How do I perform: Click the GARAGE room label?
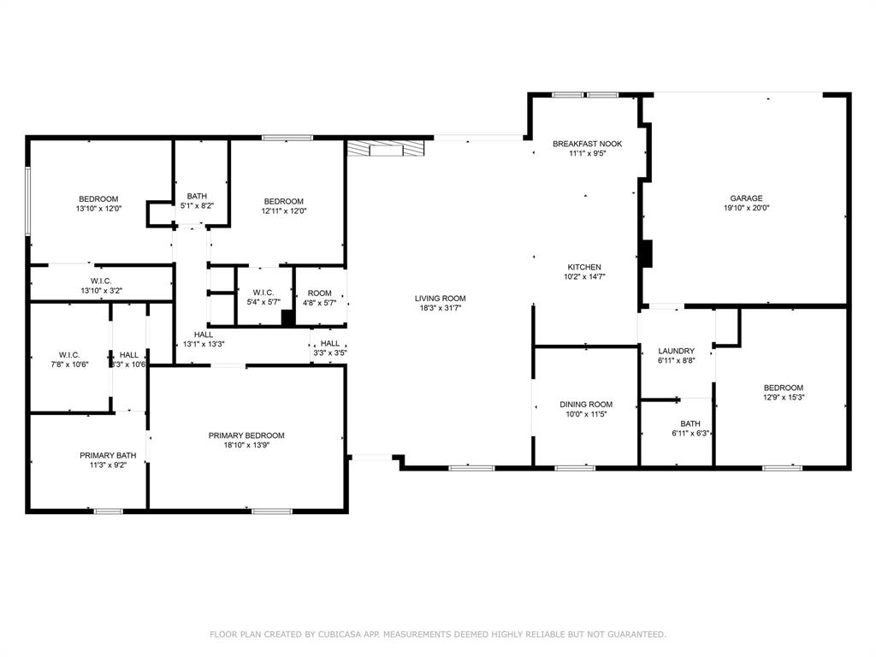[x=746, y=198]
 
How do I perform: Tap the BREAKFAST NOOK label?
[x=587, y=144]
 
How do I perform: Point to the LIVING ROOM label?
[x=440, y=299]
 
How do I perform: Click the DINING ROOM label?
[x=586, y=405]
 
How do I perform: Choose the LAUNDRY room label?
[x=676, y=351]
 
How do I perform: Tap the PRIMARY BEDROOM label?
[x=246, y=435]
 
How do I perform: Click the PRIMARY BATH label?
[x=108, y=455]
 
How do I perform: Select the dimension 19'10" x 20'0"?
[x=746, y=209]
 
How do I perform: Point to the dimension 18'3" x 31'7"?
[x=440, y=309]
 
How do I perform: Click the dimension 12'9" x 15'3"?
[x=783, y=397]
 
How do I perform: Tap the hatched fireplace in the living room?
[x=385, y=149]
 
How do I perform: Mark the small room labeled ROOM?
[x=319, y=293]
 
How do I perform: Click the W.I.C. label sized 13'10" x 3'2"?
[x=101, y=281]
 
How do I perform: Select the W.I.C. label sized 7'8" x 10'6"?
[x=69, y=355]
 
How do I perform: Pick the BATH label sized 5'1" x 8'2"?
[x=191, y=196]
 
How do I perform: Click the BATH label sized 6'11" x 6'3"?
[x=690, y=423]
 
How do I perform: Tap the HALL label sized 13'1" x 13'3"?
[x=203, y=334]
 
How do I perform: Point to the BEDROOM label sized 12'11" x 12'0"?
[x=283, y=201]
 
